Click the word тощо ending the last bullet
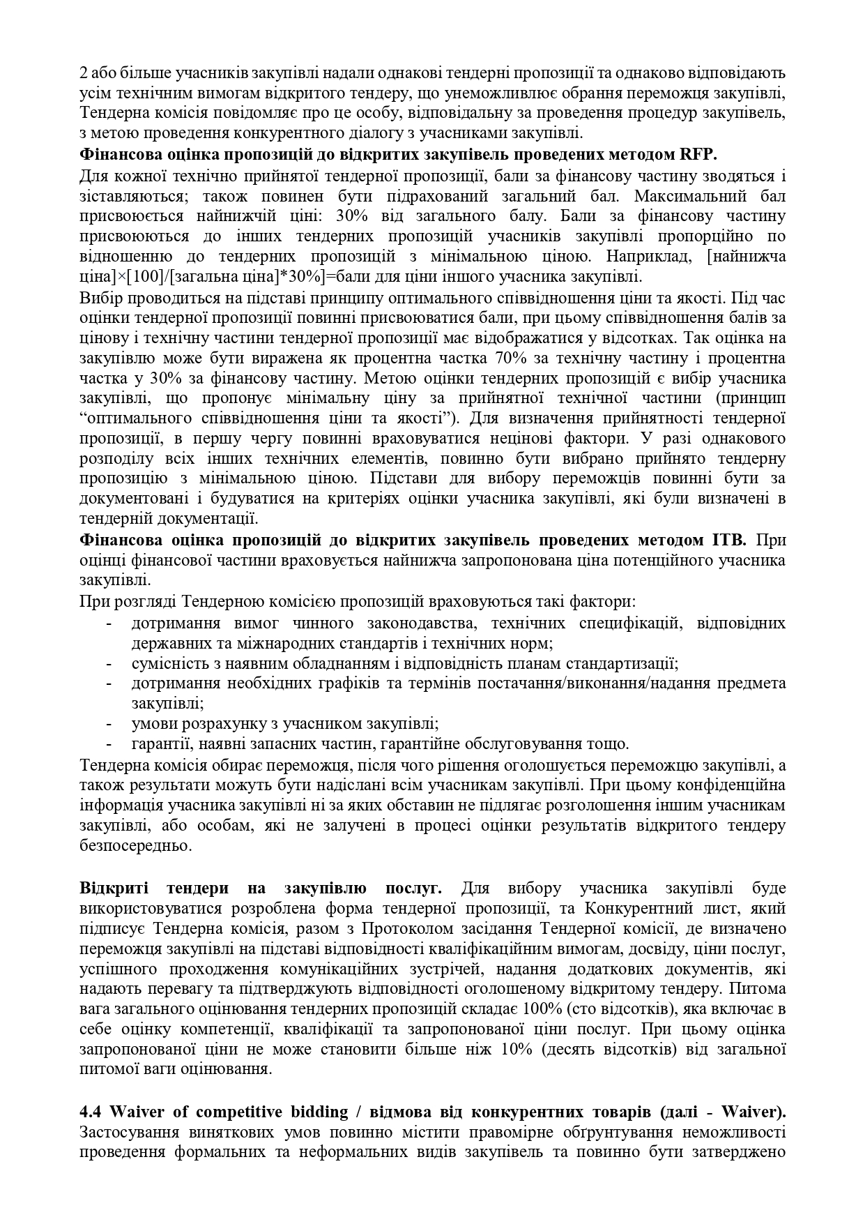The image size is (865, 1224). click(611, 743)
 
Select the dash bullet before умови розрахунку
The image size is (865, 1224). click(110, 723)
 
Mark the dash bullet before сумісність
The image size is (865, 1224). click(110, 663)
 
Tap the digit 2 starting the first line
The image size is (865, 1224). click(84, 73)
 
